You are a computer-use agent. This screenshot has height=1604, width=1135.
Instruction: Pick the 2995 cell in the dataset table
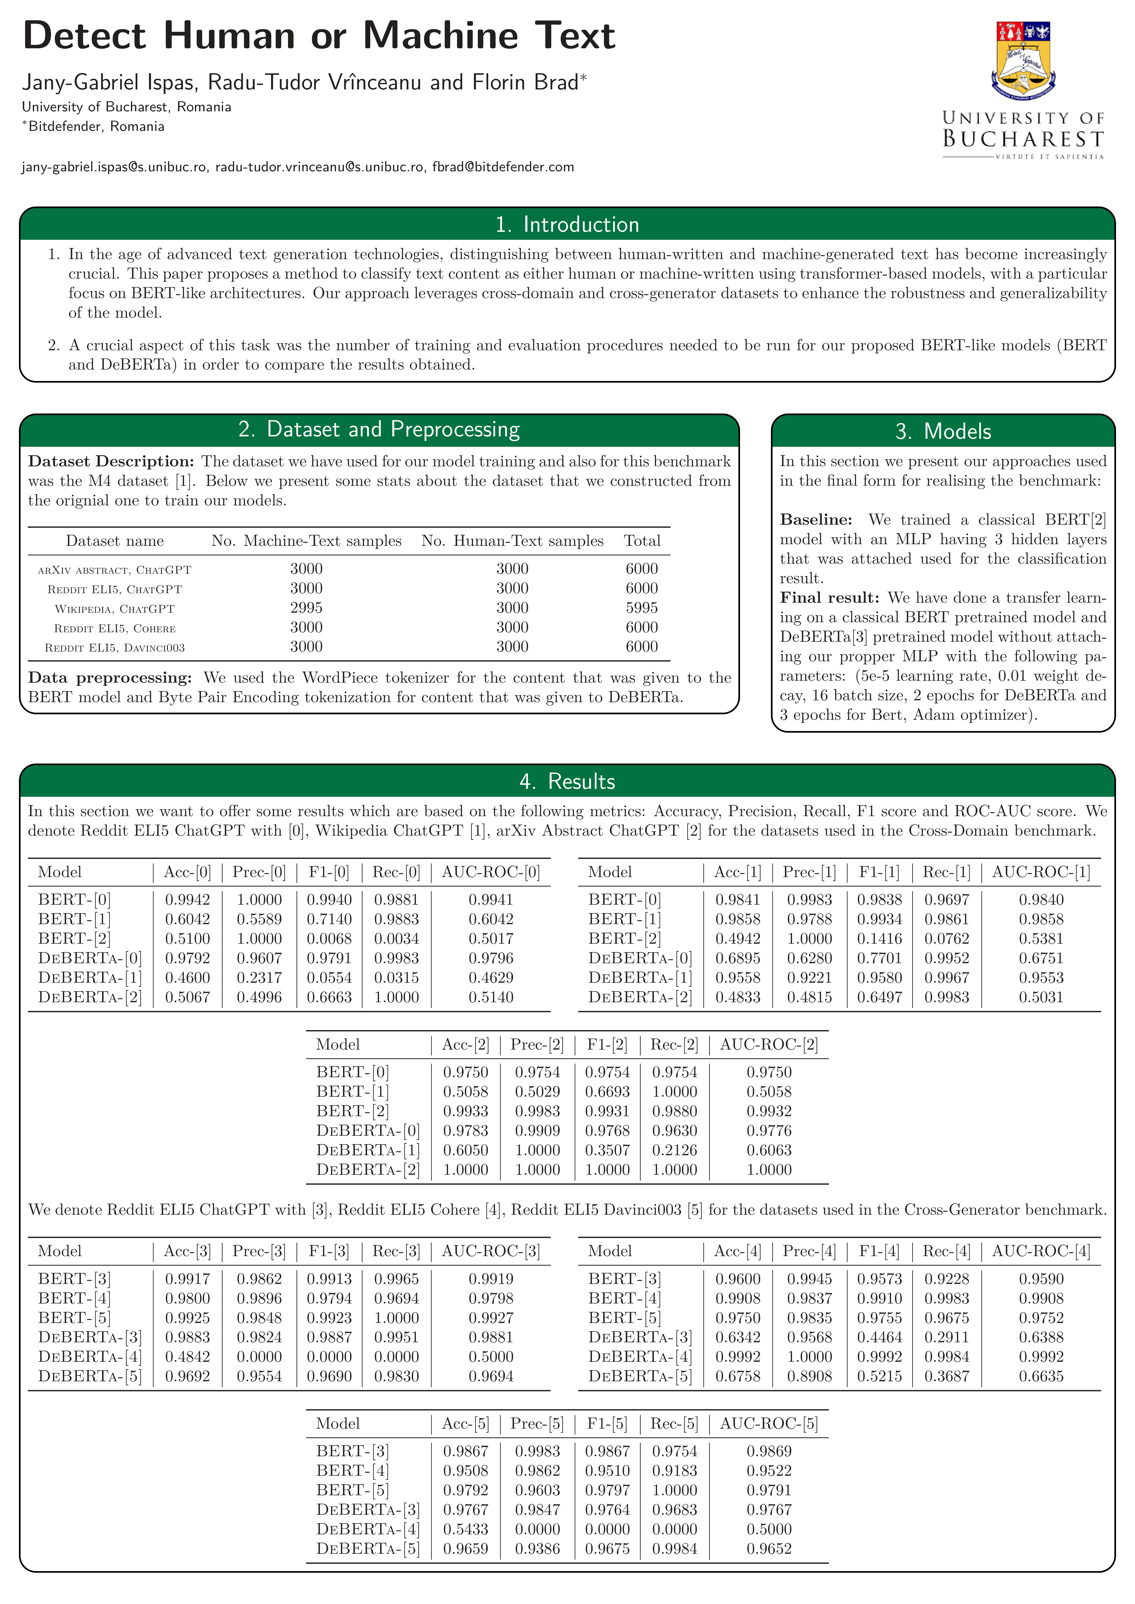[x=306, y=608]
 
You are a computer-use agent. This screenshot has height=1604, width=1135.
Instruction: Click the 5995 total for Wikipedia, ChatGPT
[x=642, y=608]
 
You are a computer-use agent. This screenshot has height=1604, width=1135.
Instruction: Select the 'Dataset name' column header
[x=114, y=541]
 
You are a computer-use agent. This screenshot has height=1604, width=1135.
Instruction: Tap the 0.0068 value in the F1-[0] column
[x=329, y=939]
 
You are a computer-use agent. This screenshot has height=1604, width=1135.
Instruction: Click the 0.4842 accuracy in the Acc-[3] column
[x=187, y=1357]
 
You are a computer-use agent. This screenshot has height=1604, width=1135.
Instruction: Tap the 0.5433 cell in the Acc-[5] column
[x=465, y=1529]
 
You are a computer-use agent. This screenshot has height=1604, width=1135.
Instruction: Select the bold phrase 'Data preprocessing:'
[x=110, y=678]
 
